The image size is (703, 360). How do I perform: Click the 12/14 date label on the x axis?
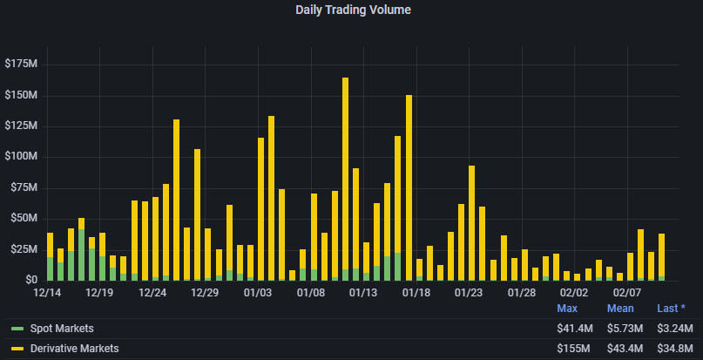point(49,293)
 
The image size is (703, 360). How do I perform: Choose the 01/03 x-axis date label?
point(259,293)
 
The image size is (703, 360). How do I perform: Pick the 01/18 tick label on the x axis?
point(416,293)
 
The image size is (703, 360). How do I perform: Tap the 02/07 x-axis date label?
point(626,293)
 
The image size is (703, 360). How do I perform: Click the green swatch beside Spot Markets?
point(17,329)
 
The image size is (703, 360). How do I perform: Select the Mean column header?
point(621,309)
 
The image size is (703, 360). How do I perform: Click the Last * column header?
point(672,309)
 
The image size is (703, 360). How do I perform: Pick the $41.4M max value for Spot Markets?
point(575,329)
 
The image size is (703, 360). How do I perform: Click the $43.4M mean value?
point(625,349)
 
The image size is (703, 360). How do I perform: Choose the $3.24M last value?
point(674,329)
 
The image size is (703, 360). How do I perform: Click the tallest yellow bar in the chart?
point(346,174)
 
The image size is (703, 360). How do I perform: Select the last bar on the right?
point(661,257)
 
